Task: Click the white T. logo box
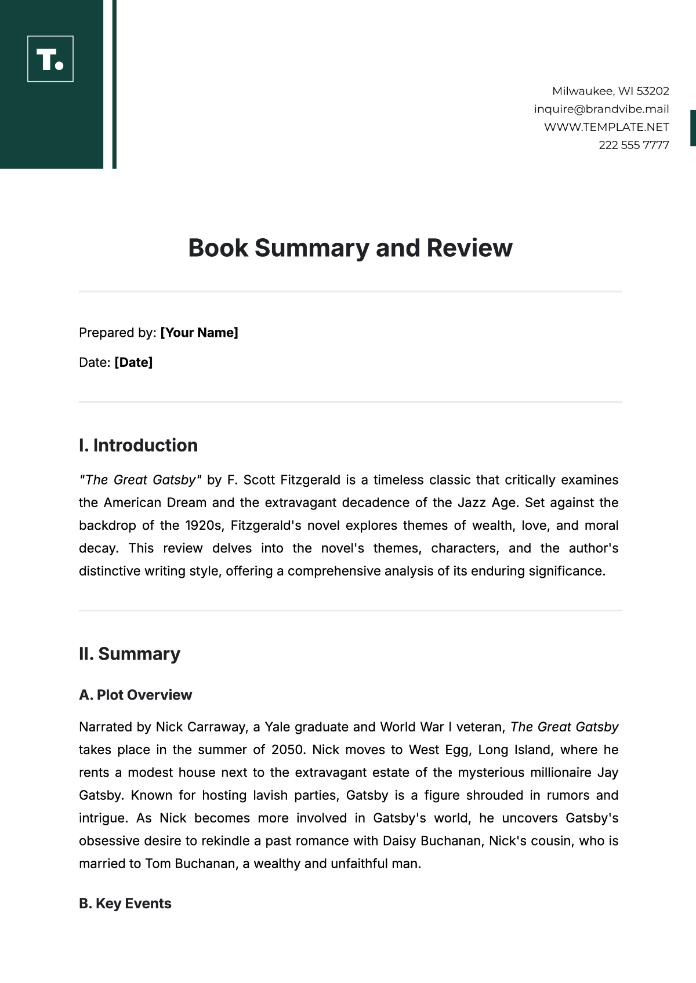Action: pos(50,59)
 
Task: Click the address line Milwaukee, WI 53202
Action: pos(610,91)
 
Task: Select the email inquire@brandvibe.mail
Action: pos(601,109)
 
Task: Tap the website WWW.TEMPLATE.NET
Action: pos(606,127)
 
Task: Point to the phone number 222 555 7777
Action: pos(633,145)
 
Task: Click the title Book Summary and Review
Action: pos(350,248)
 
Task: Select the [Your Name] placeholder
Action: pos(199,333)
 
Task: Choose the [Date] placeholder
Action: pos(133,362)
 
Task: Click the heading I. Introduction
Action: pos(138,445)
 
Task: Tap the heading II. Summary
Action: pos(129,654)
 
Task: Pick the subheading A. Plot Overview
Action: pos(135,695)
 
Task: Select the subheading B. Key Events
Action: pos(125,904)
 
